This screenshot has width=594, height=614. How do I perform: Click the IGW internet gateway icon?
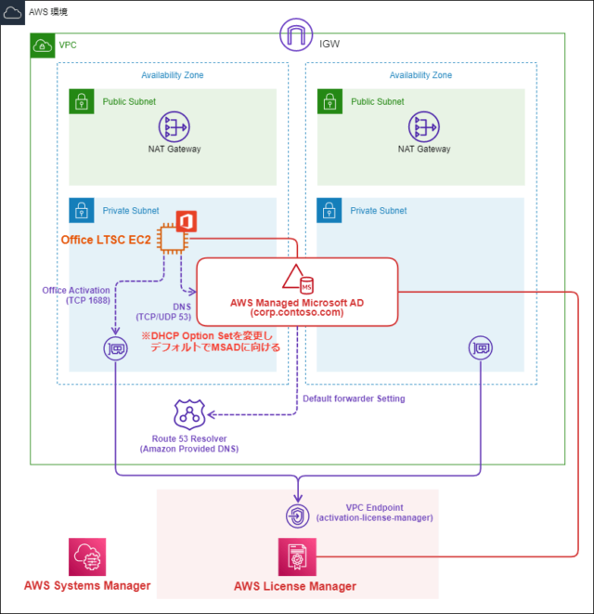pos(297,37)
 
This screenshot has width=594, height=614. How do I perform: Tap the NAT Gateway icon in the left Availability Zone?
pos(174,127)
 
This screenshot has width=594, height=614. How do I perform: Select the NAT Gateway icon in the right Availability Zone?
pos(423,127)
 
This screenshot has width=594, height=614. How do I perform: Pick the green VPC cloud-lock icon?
pos(43,46)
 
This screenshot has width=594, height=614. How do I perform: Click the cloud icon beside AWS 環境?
pos(13,13)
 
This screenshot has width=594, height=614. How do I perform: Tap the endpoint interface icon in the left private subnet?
pos(115,349)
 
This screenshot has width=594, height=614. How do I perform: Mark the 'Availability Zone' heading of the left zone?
pos(173,75)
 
